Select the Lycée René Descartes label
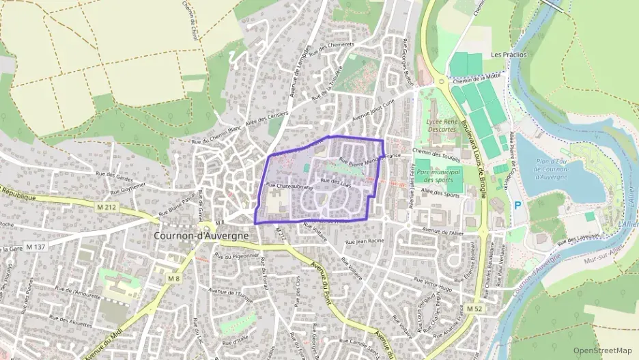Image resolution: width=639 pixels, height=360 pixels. coord(442,125)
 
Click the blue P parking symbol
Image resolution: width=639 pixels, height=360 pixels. coord(518,205)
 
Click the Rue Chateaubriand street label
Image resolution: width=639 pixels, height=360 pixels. coord(289,186)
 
